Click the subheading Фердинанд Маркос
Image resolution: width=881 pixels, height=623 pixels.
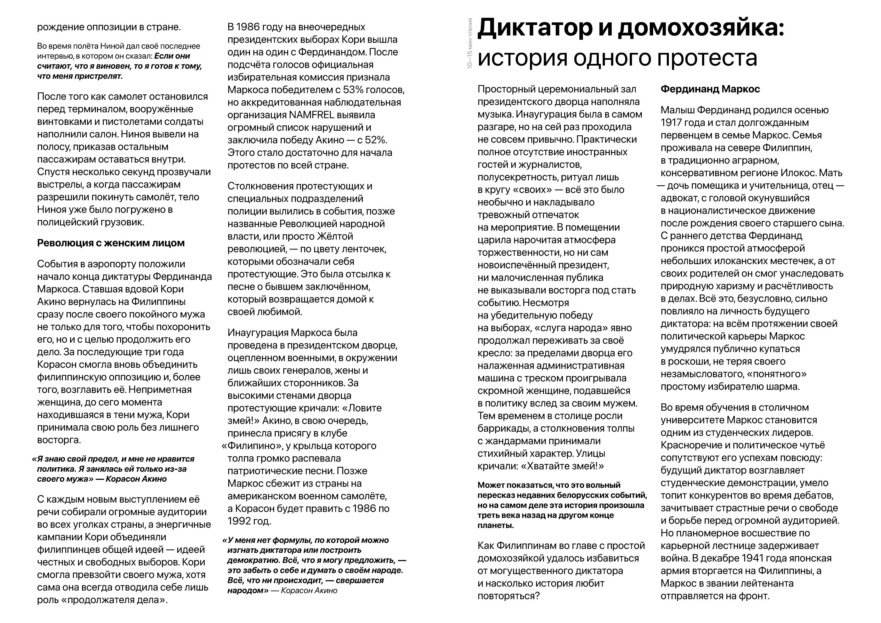click(710, 89)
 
